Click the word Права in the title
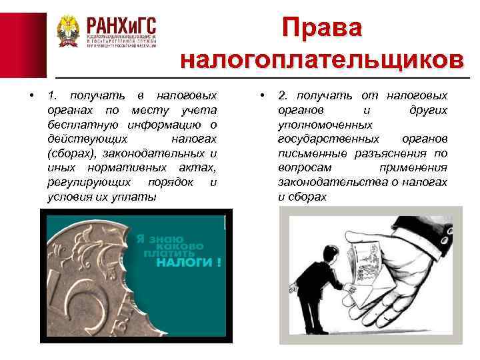click(x=322, y=27)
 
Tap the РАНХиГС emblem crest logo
click(x=67, y=31)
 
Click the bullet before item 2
click(x=264, y=95)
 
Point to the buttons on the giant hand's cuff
click(x=441, y=235)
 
